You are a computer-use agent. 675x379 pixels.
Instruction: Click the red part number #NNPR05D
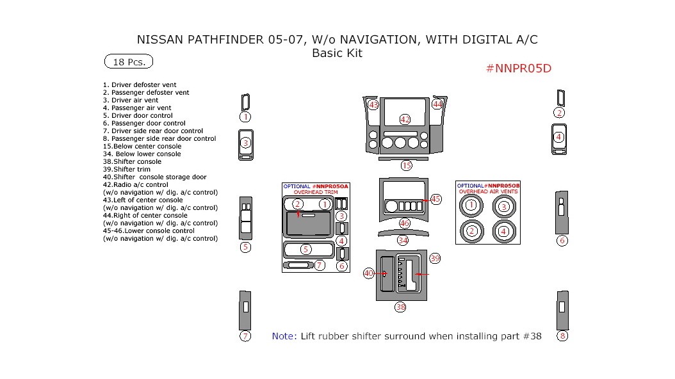point(519,69)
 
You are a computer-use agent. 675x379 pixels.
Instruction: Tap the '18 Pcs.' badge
point(129,62)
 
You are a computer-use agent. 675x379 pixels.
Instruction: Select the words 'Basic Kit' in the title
point(337,53)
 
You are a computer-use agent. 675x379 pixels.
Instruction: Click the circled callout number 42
point(405,119)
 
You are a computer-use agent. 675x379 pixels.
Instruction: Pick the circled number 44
point(437,104)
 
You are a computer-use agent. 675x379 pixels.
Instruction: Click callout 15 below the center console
point(407,165)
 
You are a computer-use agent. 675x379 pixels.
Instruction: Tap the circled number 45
point(435,199)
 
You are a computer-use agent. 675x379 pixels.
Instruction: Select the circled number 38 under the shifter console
point(401,307)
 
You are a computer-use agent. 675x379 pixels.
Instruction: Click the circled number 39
point(435,258)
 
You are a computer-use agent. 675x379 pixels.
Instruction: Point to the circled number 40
point(369,273)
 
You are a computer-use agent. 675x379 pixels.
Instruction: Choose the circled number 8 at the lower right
point(562,335)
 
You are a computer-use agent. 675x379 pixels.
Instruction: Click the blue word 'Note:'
point(284,336)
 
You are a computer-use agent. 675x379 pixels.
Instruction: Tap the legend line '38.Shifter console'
point(132,161)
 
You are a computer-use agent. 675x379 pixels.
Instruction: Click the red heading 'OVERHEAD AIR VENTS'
point(487,191)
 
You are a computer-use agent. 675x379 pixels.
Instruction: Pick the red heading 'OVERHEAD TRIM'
point(316,192)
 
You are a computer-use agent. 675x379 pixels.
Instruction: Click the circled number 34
point(403,240)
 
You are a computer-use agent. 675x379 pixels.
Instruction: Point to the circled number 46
point(405,223)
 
